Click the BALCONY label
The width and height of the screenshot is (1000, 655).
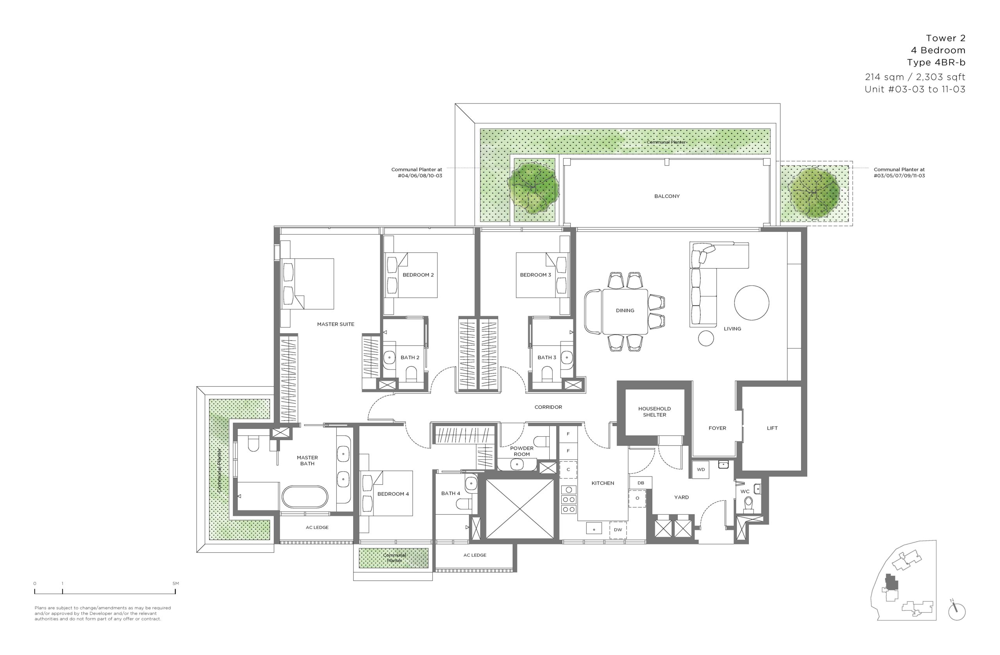tap(667, 196)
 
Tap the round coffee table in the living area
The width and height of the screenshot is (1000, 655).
tap(752, 302)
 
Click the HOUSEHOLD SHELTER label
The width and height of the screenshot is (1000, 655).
tap(654, 411)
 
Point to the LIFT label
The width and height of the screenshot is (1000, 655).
tap(772, 428)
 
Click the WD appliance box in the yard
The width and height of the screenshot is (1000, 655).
tap(701, 469)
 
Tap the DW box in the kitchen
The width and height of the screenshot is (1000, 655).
tap(618, 530)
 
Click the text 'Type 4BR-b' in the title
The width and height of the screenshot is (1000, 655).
tap(936, 62)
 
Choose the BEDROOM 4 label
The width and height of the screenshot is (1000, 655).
tap(393, 494)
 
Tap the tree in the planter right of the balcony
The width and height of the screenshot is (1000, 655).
tap(814, 193)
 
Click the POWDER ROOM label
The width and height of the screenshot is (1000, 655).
tap(522, 451)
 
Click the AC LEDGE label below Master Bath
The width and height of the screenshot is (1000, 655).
tap(317, 527)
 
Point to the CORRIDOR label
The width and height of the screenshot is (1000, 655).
tap(548, 407)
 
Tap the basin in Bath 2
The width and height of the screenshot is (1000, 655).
tap(389, 357)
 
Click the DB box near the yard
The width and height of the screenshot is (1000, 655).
tap(641, 483)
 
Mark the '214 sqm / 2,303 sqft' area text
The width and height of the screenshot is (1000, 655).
tap(915, 77)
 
